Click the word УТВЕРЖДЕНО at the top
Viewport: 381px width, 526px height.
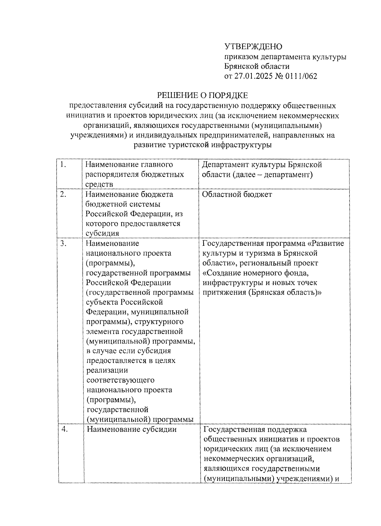click(x=253, y=47)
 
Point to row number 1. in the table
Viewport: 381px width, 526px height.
click(x=63, y=165)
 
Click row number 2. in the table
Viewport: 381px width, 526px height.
click(x=63, y=194)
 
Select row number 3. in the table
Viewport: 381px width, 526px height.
click(x=63, y=243)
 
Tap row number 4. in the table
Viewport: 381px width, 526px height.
click(x=65, y=429)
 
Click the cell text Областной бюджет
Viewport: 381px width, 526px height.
click(x=237, y=194)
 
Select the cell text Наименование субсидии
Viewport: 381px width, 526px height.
click(x=131, y=429)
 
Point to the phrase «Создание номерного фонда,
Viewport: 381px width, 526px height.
click(x=256, y=273)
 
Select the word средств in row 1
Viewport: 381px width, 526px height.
click(x=99, y=184)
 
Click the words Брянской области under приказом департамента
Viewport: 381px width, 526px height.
click(x=257, y=66)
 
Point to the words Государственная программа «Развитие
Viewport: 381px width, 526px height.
click(x=273, y=243)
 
